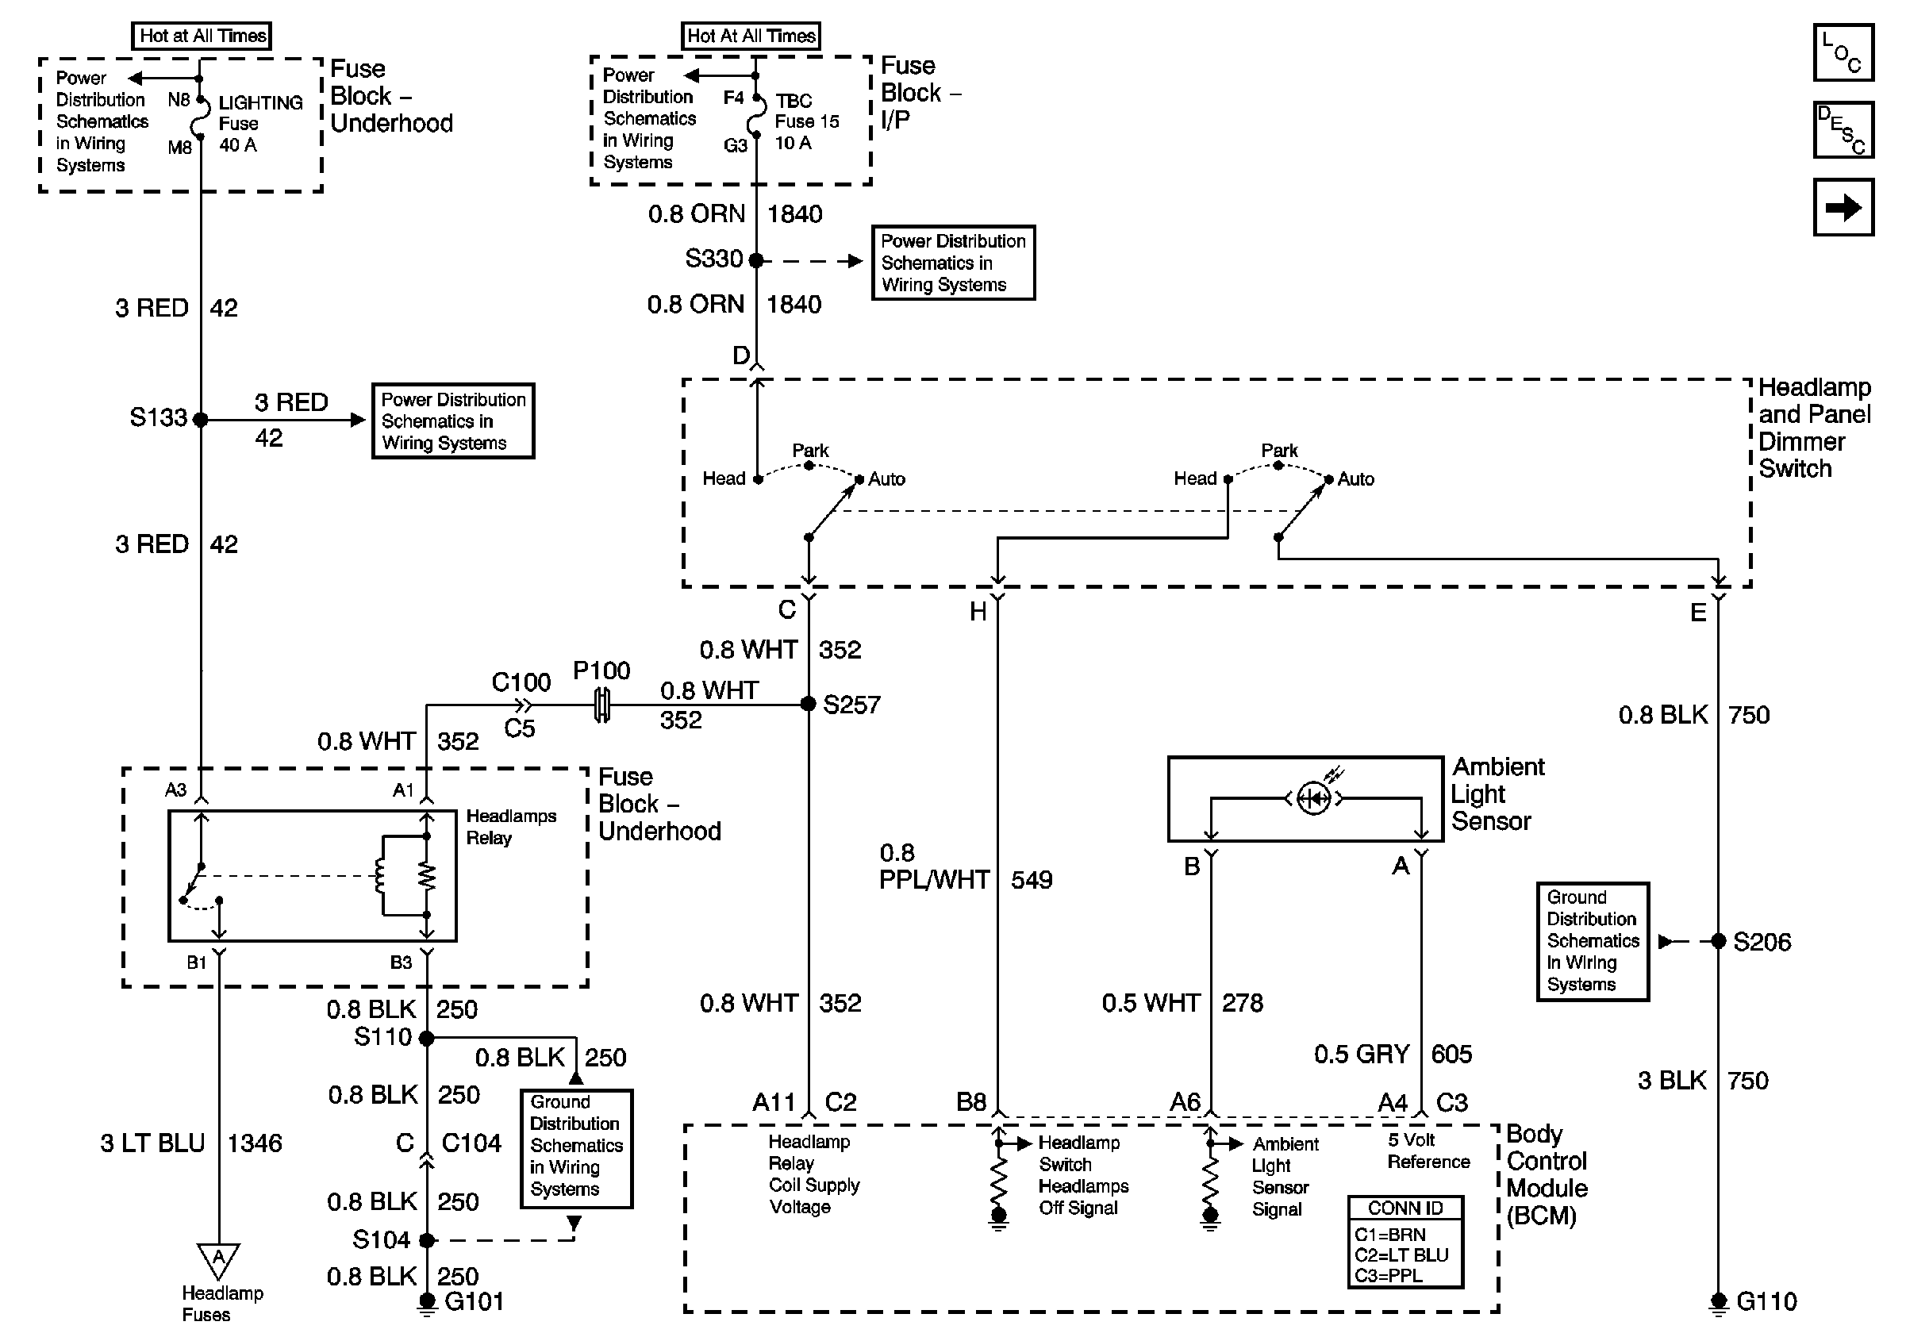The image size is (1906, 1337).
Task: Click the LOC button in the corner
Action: [1843, 53]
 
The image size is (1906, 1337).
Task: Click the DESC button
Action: [1843, 129]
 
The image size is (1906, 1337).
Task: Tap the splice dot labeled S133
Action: [200, 420]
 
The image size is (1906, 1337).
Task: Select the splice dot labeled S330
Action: [756, 260]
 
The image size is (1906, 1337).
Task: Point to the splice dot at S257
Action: [809, 705]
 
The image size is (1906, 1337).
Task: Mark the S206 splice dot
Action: [1719, 941]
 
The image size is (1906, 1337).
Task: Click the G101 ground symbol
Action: [427, 1302]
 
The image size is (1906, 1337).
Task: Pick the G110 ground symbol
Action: [1719, 1303]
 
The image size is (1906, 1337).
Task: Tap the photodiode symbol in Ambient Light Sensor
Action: [1313, 799]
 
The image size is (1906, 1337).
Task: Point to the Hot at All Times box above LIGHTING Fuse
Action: [202, 36]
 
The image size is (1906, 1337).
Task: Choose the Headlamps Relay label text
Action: [509, 827]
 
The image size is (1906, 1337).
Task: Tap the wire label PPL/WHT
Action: [934, 880]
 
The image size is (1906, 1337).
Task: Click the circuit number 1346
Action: [255, 1143]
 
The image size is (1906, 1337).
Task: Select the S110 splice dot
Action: [427, 1038]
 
